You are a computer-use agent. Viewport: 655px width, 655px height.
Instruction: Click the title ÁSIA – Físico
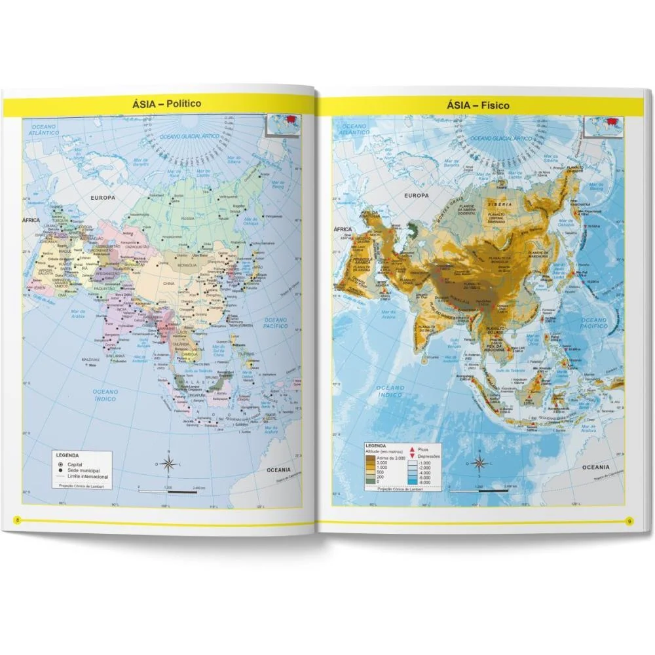coord(478,104)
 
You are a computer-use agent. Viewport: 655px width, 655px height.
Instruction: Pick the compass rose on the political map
coord(168,464)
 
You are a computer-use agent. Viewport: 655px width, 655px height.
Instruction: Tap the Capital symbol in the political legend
coord(60,463)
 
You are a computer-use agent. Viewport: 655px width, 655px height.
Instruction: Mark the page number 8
coord(18,520)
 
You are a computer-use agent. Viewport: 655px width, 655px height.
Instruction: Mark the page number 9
coord(628,521)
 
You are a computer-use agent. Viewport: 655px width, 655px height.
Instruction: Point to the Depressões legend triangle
coord(412,456)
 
